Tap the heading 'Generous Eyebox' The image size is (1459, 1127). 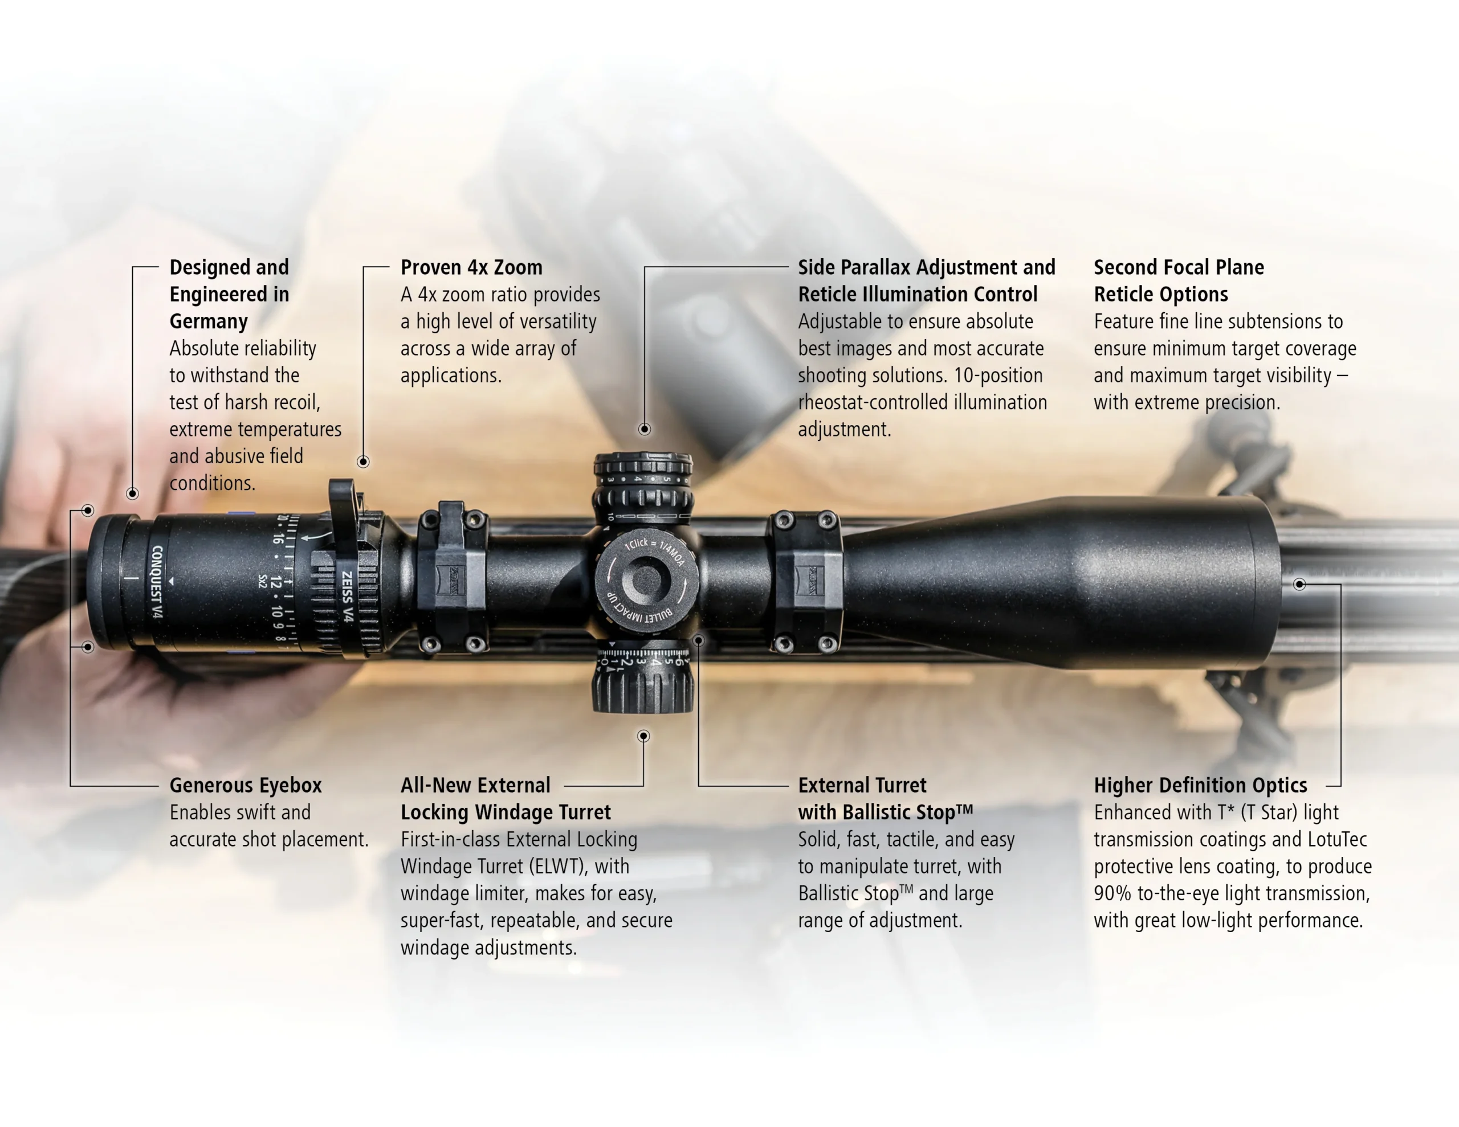[x=245, y=785]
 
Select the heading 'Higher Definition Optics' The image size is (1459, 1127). [x=1200, y=785]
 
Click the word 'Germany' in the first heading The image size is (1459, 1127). [x=209, y=321]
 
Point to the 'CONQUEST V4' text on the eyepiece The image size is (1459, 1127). [x=157, y=582]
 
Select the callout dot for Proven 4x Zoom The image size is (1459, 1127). [x=364, y=462]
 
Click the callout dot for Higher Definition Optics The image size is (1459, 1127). [x=1299, y=585]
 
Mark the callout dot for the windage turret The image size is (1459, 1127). [x=643, y=736]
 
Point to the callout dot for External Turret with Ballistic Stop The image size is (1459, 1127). [x=698, y=640]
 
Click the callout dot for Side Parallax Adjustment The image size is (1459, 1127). [x=645, y=429]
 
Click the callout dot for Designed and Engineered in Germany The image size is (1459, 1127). [x=132, y=493]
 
